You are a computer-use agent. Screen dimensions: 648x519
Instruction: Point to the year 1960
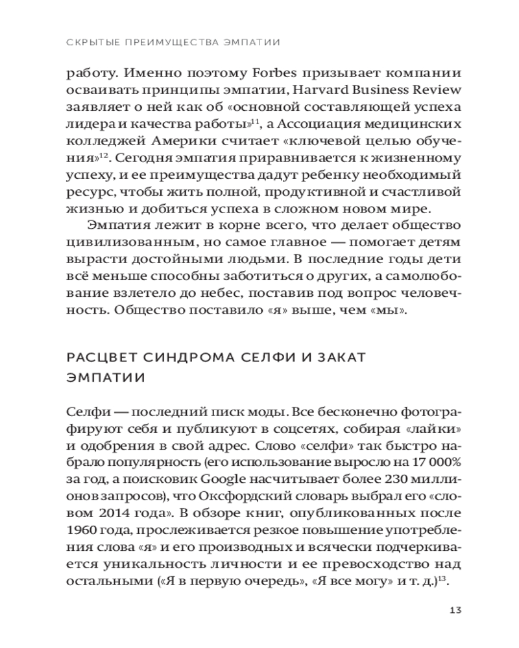82,531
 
